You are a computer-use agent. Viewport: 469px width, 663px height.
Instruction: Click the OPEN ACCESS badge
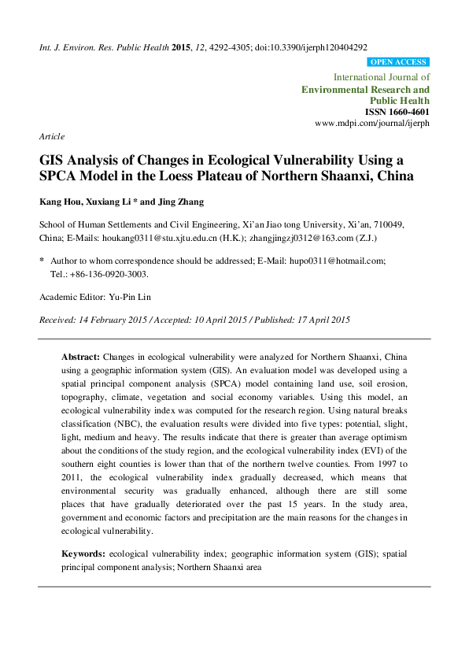(x=398, y=62)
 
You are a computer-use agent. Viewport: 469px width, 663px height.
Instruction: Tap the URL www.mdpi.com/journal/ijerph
(x=372, y=124)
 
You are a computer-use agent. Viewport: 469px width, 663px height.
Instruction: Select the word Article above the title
(x=52, y=136)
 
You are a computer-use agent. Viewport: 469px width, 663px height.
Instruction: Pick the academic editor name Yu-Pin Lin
(x=135, y=297)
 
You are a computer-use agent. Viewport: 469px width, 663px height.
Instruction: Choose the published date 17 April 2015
(x=311, y=320)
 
